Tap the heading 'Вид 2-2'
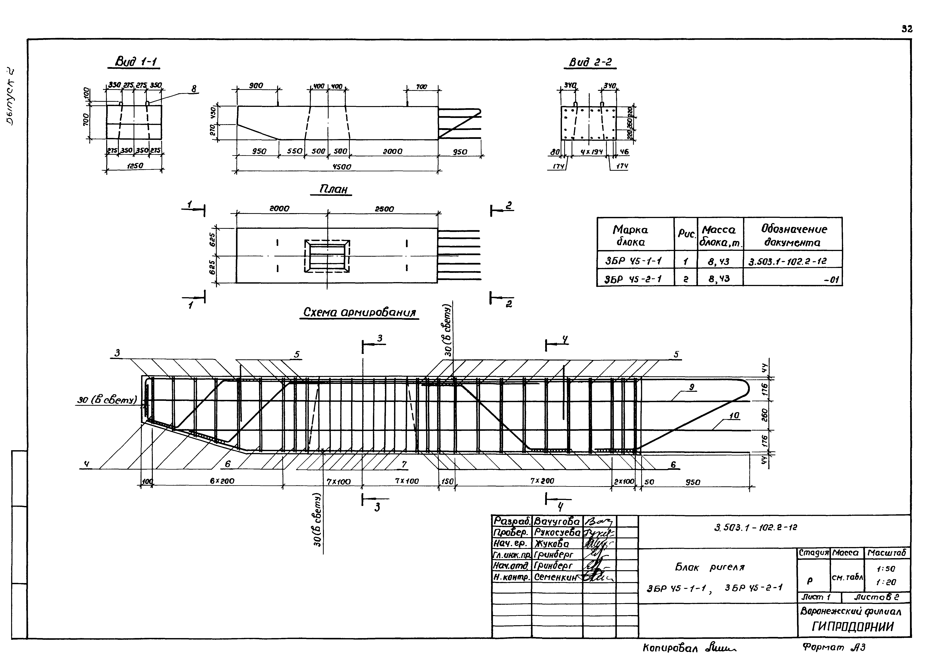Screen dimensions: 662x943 pos(591,62)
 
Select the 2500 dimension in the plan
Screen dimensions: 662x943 pos(384,209)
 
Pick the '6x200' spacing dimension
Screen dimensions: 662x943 pos(222,481)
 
